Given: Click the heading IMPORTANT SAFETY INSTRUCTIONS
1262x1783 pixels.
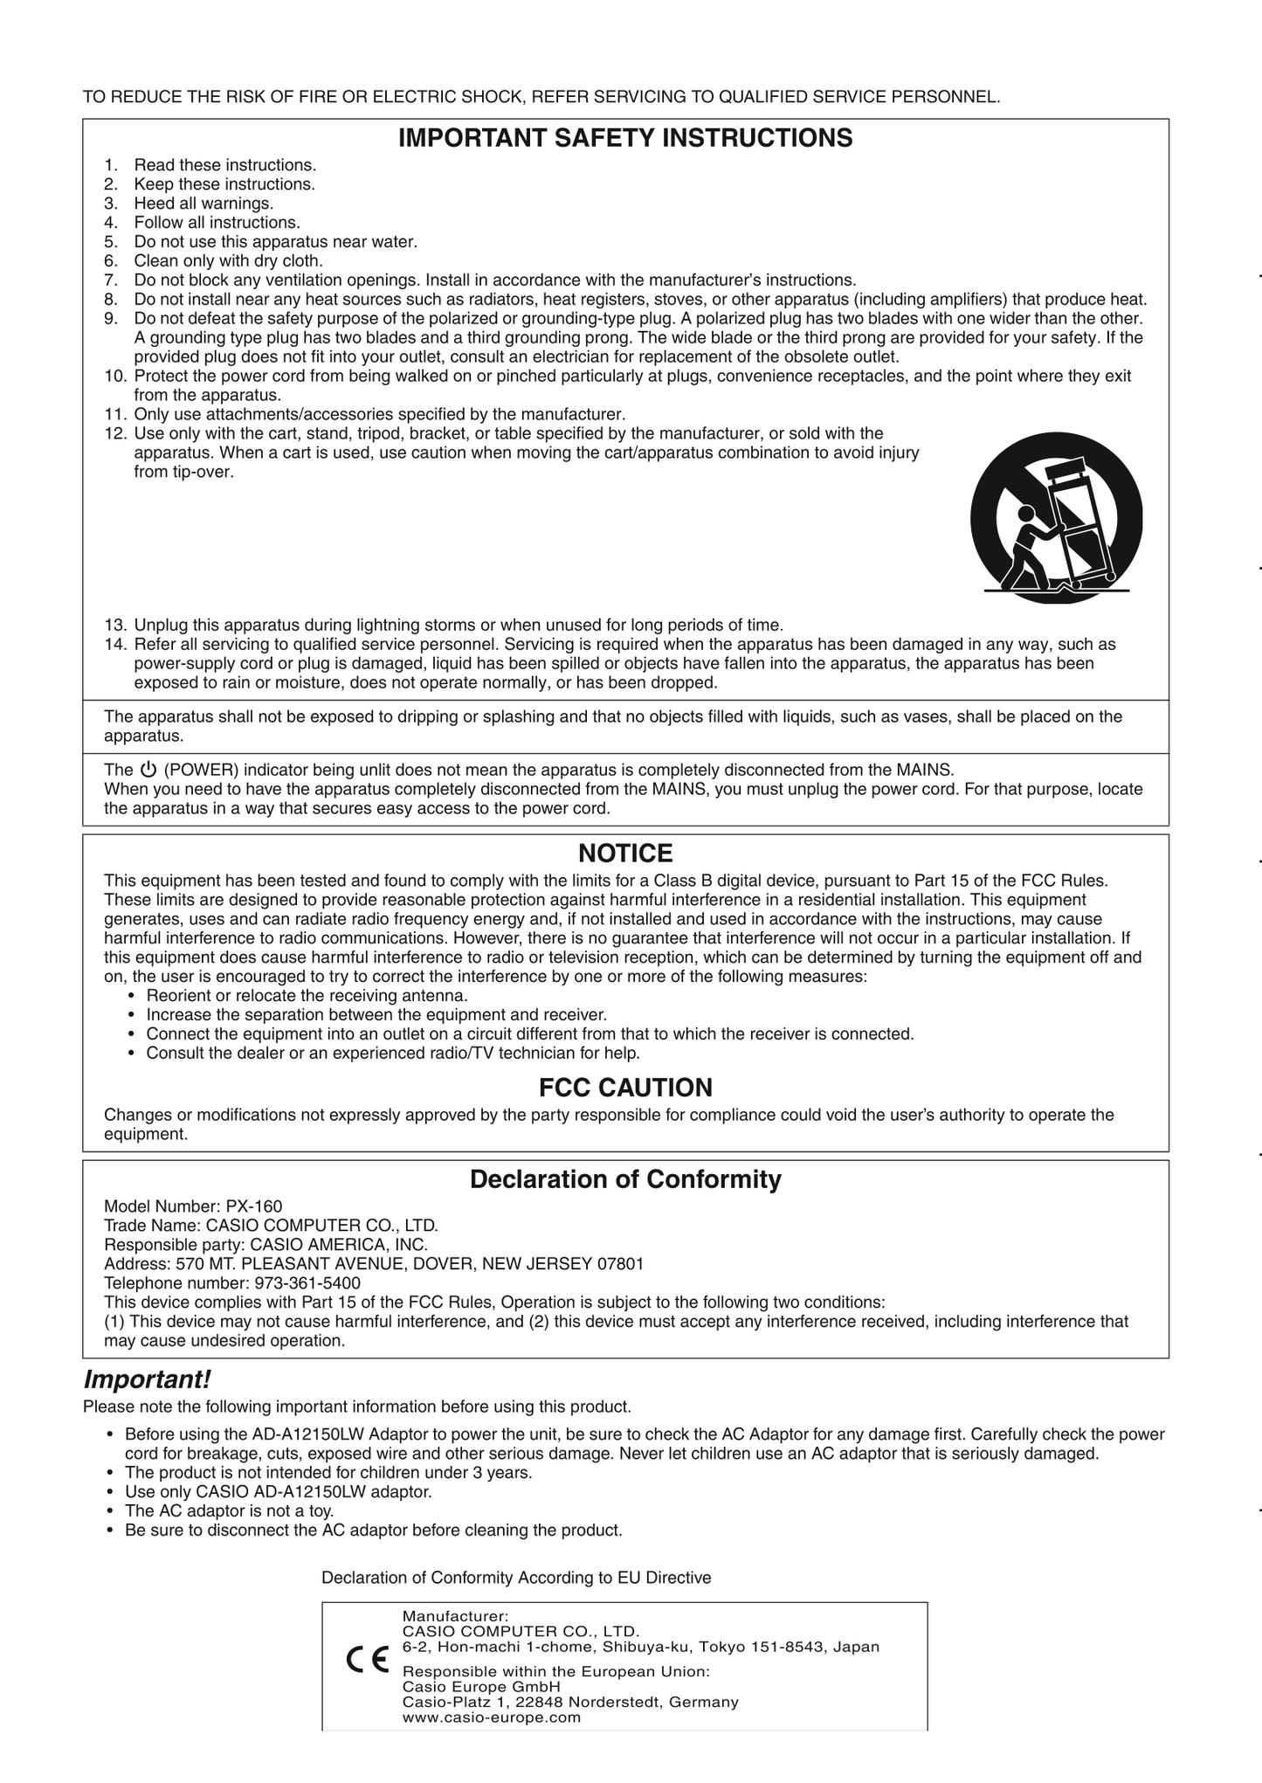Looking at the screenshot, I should click(625, 138).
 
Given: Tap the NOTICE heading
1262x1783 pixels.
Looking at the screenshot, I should click(625, 853).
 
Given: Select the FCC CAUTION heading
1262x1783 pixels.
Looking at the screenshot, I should click(625, 1088).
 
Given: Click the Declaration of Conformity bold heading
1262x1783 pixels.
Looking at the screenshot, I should click(625, 1179).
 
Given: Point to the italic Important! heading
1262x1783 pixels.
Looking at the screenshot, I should click(147, 1380).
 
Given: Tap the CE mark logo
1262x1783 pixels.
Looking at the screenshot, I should click(368, 1657).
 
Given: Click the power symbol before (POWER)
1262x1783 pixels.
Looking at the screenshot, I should click(148, 770).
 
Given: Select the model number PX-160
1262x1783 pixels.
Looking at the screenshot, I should click(254, 1206).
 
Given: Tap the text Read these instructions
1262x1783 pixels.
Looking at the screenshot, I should click(225, 165).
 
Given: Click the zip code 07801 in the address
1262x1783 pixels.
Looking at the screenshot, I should click(620, 1264).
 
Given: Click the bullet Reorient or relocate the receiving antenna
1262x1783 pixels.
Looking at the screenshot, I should click(307, 996).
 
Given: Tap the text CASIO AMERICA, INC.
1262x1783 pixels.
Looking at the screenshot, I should click(339, 1245).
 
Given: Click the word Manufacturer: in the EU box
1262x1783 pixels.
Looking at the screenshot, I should click(455, 1617).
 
